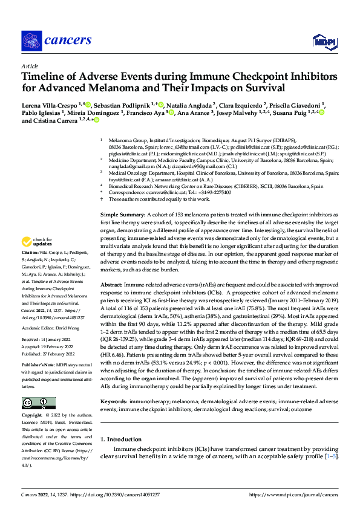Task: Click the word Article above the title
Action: click(30, 66)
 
